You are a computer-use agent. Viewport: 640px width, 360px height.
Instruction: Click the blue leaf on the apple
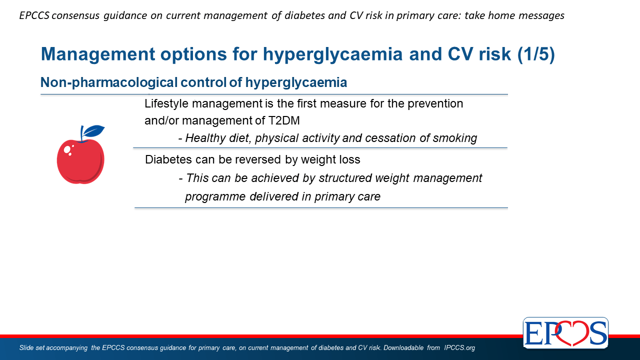pos(93,131)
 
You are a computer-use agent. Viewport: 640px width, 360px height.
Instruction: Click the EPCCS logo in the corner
pos(565,332)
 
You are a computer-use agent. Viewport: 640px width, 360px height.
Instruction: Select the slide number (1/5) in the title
pos(536,54)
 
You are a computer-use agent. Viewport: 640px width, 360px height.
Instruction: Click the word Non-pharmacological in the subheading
pos(109,82)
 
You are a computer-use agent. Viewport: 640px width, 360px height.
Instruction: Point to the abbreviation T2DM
pos(284,120)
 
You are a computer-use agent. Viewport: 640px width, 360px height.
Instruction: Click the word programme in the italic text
pos(215,197)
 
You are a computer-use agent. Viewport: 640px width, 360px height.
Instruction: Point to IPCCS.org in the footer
pos(459,347)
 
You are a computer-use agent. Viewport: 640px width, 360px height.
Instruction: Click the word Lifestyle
pos(166,103)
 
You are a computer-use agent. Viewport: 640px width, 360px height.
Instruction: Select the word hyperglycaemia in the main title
pos(332,54)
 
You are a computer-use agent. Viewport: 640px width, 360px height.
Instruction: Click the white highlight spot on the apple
pos(67,149)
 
